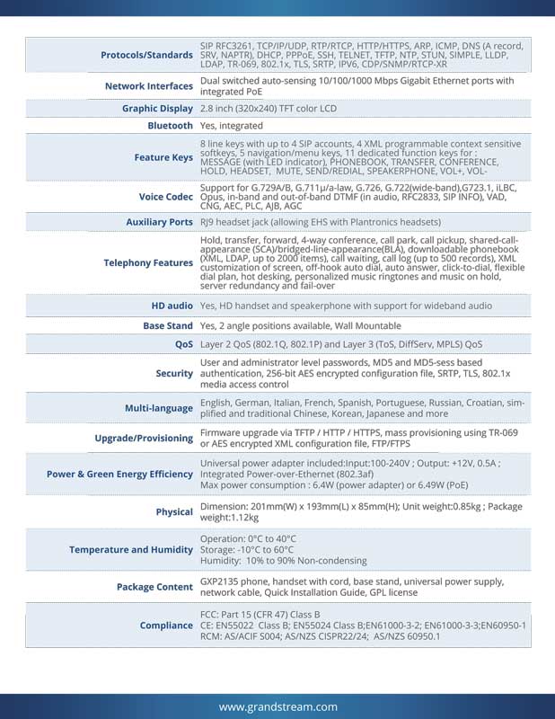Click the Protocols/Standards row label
point(146,55)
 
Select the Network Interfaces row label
point(149,86)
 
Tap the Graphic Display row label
point(157,109)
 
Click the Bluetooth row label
point(170,126)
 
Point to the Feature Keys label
point(163,157)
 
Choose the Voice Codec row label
point(166,196)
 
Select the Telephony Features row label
point(148,262)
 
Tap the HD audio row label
point(172,306)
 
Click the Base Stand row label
point(168,325)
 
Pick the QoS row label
point(184,344)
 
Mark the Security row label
point(174,373)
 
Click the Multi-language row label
point(158,408)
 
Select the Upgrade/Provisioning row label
point(144,439)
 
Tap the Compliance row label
point(166,625)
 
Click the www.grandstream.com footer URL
point(277,706)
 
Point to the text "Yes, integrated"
point(232,126)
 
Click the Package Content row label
point(154,587)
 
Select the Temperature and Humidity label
point(131,549)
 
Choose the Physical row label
point(174,511)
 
